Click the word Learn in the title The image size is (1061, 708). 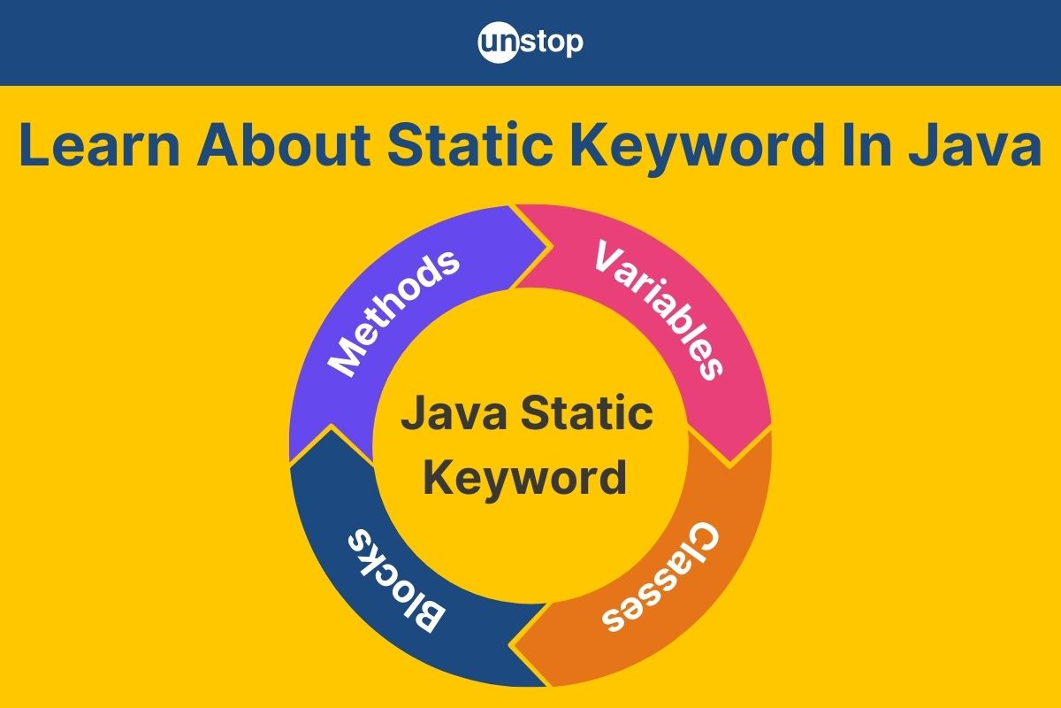click(x=99, y=144)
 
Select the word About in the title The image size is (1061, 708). click(x=284, y=144)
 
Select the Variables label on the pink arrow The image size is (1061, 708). click(x=659, y=310)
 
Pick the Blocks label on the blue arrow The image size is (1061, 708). click(x=396, y=580)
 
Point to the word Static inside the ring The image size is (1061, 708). click(x=587, y=413)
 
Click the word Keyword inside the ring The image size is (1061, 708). click(x=525, y=479)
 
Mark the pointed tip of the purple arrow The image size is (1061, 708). click(x=550, y=247)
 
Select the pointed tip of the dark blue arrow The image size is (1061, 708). click(x=331, y=427)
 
